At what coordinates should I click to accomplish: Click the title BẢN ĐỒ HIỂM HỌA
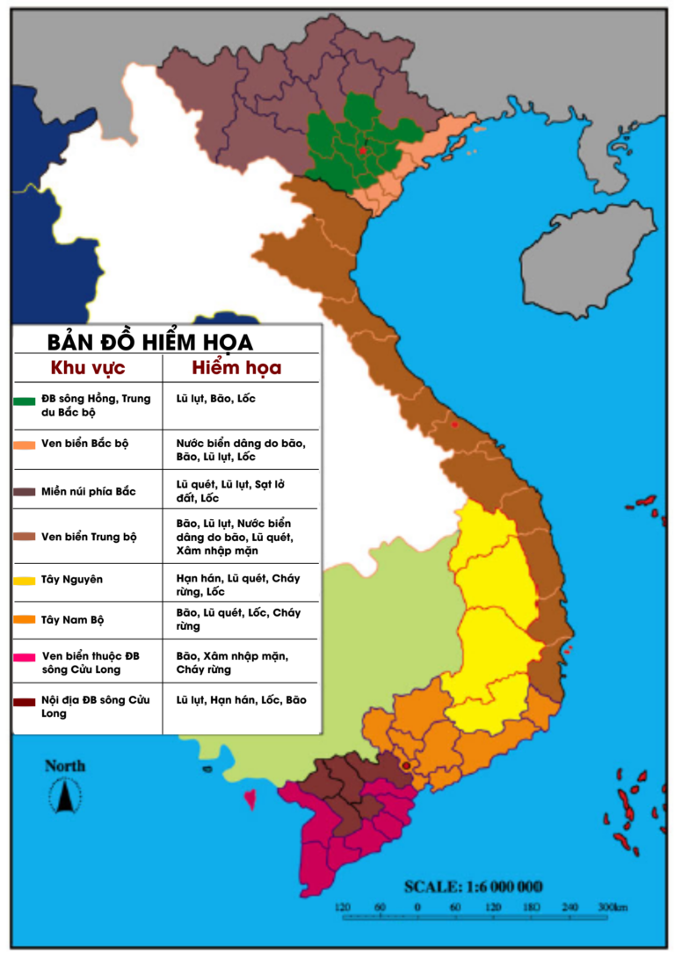(149, 342)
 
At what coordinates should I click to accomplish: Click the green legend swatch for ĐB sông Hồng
(24, 401)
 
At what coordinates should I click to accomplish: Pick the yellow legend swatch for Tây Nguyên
(24, 580)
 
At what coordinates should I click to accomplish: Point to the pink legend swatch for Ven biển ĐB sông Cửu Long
(24, 656)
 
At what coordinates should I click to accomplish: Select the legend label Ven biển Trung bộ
(89, 536)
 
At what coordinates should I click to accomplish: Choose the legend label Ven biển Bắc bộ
(84, 443)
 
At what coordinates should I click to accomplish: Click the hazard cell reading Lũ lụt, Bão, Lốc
(215, 398)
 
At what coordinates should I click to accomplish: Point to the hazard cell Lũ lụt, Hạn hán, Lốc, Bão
(241, 700)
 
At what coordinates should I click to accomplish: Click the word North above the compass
(65, 767)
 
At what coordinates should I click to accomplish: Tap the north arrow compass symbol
(65, 796)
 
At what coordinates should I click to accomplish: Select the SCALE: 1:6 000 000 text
(473, 886)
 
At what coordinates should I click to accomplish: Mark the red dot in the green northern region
(363, 150)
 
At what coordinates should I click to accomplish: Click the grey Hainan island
(584, 256)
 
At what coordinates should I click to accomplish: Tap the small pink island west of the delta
(250, 800)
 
